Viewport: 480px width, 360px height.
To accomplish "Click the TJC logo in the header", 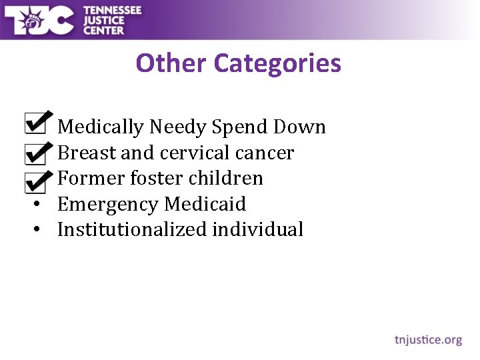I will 39,20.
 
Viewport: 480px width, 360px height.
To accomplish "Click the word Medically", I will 101,127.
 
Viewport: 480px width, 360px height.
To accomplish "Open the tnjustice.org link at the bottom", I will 428,340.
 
